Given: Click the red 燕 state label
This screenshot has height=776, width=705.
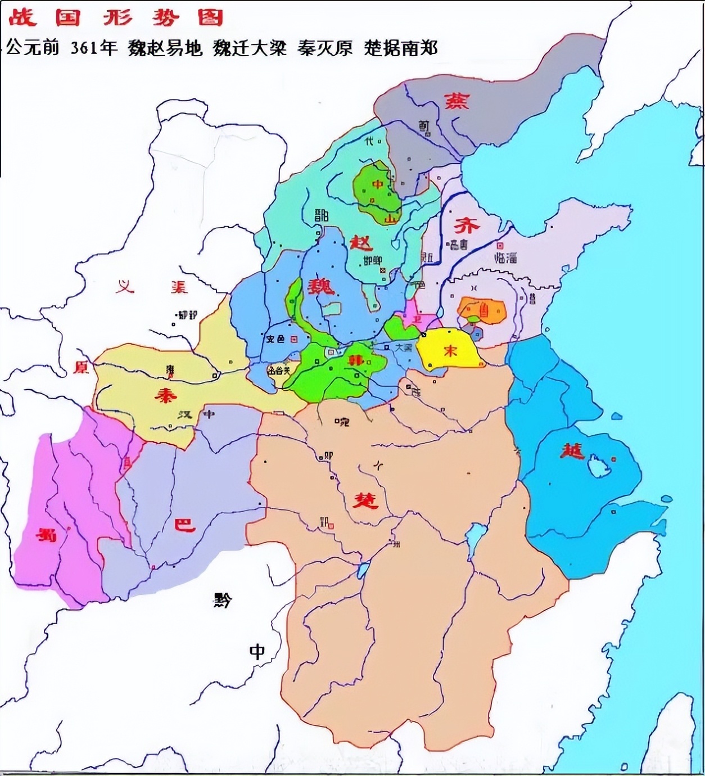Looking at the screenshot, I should tap(457, 101).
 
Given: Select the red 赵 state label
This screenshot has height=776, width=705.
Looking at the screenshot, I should tap(361, 243).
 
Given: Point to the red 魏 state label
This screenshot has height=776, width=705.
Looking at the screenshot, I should tap(321, 286).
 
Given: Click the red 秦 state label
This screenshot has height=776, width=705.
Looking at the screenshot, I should tap(166, 395).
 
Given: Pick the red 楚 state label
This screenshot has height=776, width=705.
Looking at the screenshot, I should tap(365, 499).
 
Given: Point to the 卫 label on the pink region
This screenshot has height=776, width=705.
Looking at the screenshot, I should tap(417, 319).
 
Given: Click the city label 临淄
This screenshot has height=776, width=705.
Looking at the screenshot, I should tap(505, 258).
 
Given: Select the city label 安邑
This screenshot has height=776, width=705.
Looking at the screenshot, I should tap(274, 339).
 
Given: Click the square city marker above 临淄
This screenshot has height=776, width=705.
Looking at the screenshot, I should tap(500, 246).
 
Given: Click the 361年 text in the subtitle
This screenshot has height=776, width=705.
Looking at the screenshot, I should tap(94, 48).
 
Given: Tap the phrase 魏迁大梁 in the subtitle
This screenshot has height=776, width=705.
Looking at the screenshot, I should tap(250, 48).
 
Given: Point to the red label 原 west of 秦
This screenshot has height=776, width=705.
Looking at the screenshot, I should tap(82, 367).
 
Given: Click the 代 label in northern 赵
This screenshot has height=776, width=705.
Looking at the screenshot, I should tap(369, 141).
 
